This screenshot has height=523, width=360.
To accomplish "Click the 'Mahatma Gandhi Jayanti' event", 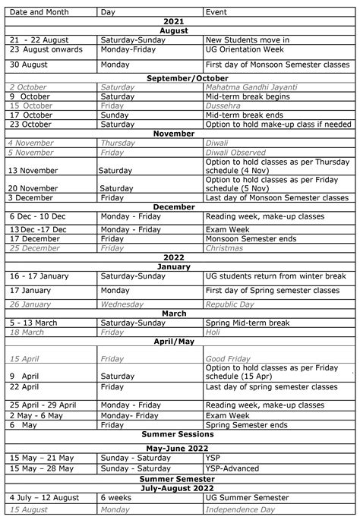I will click(x=251, y=87).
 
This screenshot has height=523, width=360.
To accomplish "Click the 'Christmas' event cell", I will click(x=224, y=248).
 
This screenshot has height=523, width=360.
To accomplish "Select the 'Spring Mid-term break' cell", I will click(x=248, y=323).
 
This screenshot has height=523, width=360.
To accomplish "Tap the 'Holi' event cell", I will click(x=215, y=332).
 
